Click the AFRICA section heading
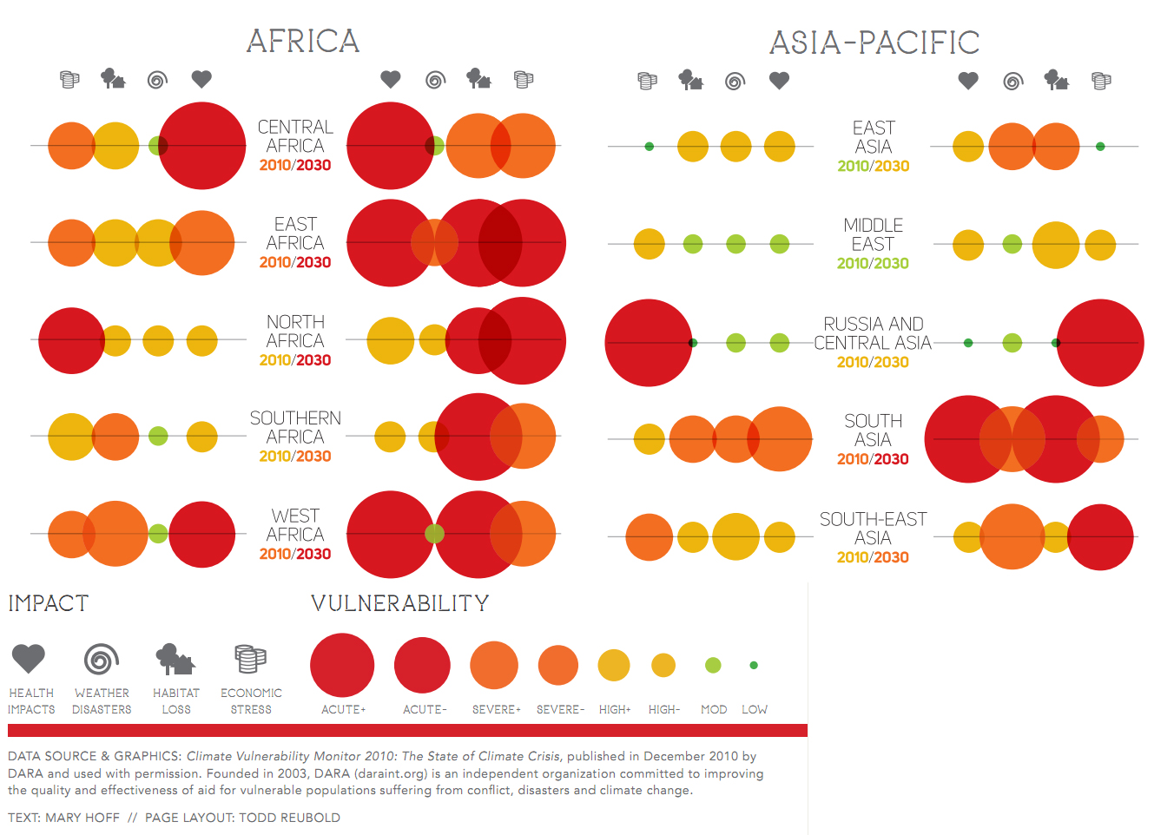pos(302,41)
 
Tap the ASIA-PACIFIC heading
pos(874,43)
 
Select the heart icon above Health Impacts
pos(29,659)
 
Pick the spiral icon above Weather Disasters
pos(102,659)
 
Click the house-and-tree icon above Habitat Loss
pos(175,660)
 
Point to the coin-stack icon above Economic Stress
pos(250,659)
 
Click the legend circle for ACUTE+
pos(342,665)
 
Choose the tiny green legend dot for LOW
pos(754,666)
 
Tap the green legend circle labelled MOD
pos(713,666)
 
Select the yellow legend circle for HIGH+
pos(614,666)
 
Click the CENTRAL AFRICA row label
pos(295,136)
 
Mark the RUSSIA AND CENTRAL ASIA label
pos(873,333)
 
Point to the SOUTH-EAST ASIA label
pos(873,529)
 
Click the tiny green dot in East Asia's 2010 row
pos(649,147)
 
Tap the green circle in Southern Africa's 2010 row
pos(158,436)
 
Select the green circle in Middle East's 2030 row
pos(1012,244)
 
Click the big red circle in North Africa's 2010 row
pos(71,340)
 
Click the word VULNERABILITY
pos(400,603)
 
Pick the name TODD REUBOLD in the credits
pos(289,818)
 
